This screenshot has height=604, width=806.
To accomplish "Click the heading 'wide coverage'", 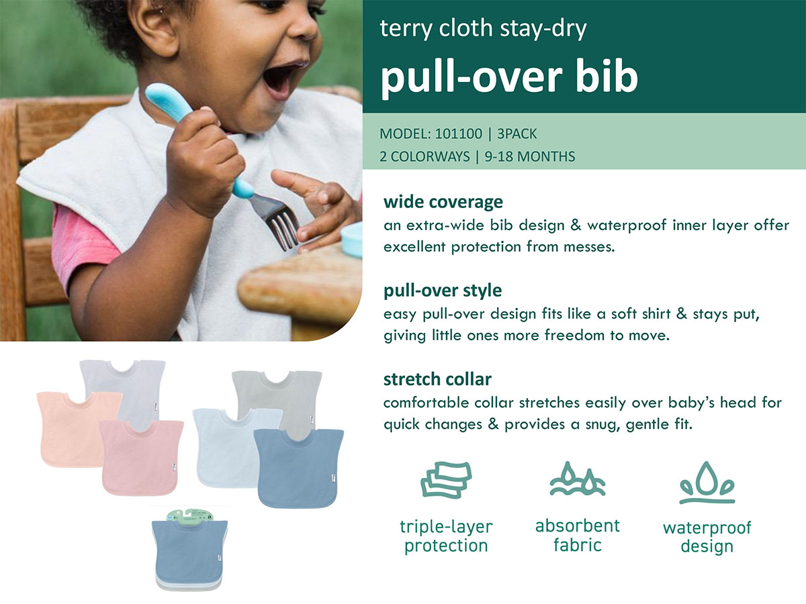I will pos(443,201).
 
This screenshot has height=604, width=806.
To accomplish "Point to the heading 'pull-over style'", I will pos(443,291).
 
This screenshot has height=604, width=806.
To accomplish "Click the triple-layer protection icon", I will pos(446,479).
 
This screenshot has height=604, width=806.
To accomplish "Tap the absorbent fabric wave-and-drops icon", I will pos(577,479).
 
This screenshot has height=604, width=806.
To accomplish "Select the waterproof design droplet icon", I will pos(707,483).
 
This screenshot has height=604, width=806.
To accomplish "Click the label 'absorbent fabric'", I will pos(577,535).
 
